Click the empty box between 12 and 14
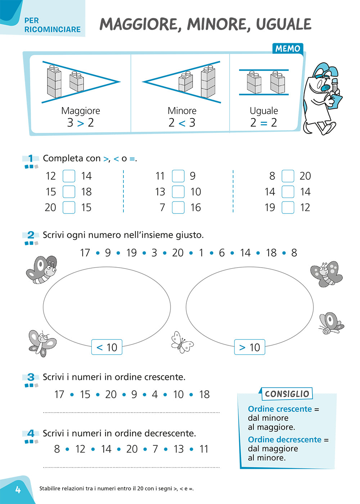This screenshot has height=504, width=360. [x=69, y=176]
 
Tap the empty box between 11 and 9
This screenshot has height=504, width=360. [x=178, y=176]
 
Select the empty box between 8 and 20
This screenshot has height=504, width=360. [x=288, y=176]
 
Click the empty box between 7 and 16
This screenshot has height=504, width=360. [x=178, y=207]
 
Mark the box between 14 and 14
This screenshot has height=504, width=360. [x=288, y=192]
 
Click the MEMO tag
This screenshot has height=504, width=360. [x=288, y=49]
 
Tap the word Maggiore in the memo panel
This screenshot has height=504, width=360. [x=81, y=111]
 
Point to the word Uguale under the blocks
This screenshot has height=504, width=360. [x=264, y=111]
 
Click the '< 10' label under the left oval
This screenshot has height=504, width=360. [x=107, y=347]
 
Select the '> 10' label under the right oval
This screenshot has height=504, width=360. [x=249, y=347]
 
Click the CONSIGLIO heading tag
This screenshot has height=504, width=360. [x=287, y=394]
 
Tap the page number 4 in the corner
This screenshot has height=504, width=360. [x=18, y=490]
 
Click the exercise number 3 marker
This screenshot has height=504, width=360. [x=31, y=377]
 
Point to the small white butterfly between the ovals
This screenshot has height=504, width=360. [x=182, y=342]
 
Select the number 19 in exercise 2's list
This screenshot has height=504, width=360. [x=131, y=253]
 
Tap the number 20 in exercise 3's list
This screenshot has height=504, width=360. [x=111, y=395]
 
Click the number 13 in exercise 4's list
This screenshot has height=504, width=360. [x=179, y=449]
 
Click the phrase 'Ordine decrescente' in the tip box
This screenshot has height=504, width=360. [x=284, y=440]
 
